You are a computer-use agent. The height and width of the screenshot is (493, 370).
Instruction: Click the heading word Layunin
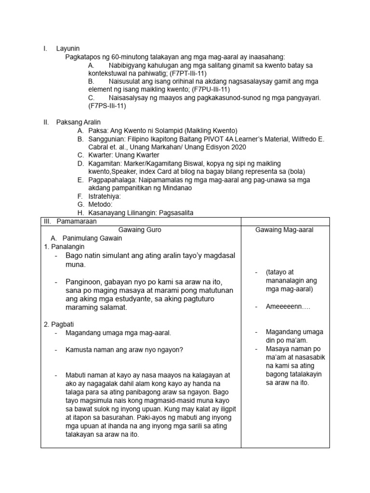click(x=67, y=48)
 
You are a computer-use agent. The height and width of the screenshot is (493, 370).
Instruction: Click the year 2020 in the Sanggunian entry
click(x=238, y=147)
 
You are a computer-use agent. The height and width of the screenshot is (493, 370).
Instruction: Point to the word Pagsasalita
click(x=179, y=212)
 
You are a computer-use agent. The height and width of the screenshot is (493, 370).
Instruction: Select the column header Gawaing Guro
click(x=140, y=230)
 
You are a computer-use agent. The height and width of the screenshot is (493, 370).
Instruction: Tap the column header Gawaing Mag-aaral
click(x=284, y=230)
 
